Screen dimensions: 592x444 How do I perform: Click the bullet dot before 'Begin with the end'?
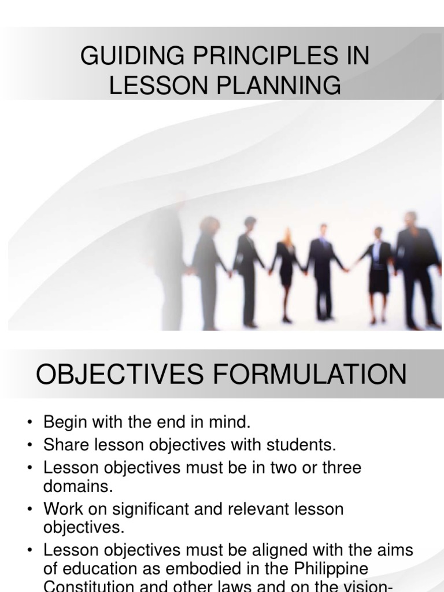click(x=29, y=423)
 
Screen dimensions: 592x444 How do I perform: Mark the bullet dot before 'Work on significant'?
click(x=29, y=510)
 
